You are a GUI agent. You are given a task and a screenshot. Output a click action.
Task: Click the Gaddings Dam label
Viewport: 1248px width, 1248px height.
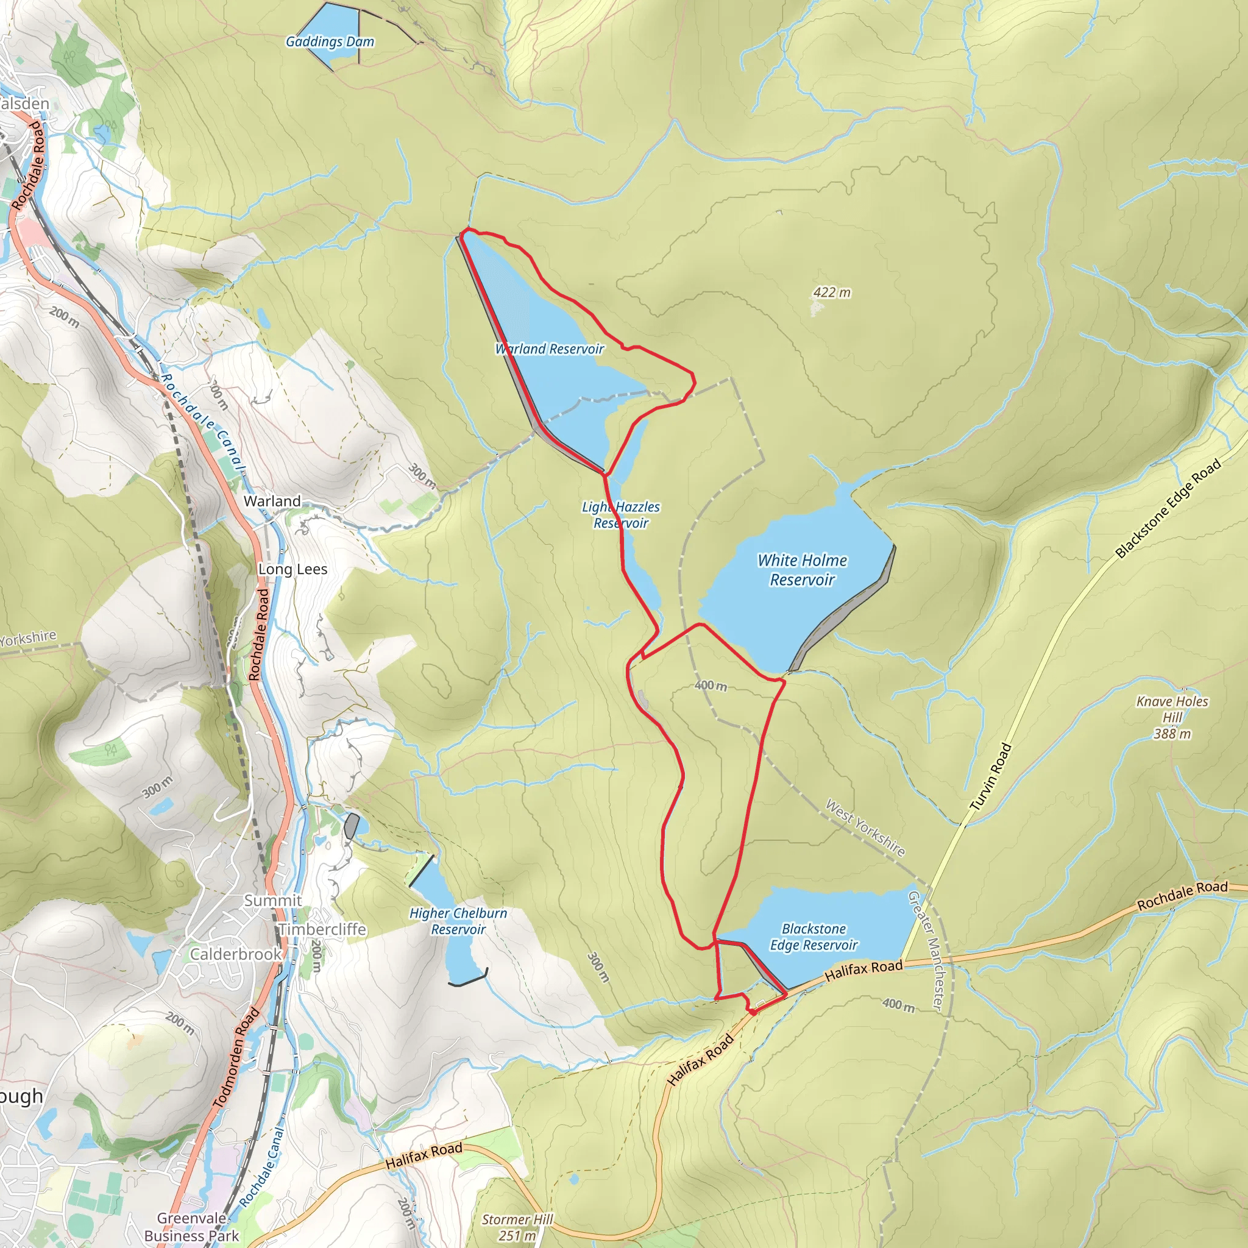(x=330, y=42)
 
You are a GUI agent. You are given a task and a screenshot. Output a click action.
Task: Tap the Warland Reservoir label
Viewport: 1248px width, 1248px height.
(x=550, y=349)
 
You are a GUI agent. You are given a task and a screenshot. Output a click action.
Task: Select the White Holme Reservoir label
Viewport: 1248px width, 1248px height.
(x=803, y=570)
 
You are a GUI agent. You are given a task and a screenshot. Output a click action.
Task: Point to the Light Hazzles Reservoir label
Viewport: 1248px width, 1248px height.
(x=621, y=515)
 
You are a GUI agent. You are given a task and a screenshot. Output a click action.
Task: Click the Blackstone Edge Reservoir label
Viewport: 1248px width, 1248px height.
(x=814, y=937)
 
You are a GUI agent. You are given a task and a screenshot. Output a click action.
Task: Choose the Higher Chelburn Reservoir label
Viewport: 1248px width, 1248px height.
(x=458, y=921)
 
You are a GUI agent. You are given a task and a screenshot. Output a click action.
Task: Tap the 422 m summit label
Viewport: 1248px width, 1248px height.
(x=831, y=292)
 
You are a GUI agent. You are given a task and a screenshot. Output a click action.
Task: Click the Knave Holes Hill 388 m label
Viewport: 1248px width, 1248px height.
(x=1172, y=717)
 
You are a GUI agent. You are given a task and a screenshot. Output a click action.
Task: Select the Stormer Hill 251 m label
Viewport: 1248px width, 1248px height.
(x=517, y=1227)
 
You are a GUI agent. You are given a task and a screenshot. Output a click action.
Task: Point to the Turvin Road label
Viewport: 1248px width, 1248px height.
(x=990, y=777)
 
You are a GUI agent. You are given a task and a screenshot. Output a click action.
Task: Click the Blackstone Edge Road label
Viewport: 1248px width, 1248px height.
(x=1168, y=508)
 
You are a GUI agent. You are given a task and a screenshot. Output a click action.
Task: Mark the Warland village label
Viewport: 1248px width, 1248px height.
(x=272, y=502)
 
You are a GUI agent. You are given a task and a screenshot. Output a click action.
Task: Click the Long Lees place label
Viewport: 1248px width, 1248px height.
(x=292, y=569)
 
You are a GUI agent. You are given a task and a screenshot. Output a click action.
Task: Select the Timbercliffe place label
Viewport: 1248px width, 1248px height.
(x=322, y=929)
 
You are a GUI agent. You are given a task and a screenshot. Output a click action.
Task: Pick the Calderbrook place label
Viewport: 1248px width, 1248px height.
(x=236, y=954)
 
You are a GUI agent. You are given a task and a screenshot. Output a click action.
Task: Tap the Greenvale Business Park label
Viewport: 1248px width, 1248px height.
(x=191, y=1227)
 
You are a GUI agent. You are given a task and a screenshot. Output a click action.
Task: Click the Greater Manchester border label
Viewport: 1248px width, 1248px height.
(x=927, y=949)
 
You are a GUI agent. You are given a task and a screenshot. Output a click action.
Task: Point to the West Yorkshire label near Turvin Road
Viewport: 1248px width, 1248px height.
(x=865, y=828)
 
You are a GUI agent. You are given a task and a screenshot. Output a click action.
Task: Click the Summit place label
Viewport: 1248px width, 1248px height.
(x=272, y=901)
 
